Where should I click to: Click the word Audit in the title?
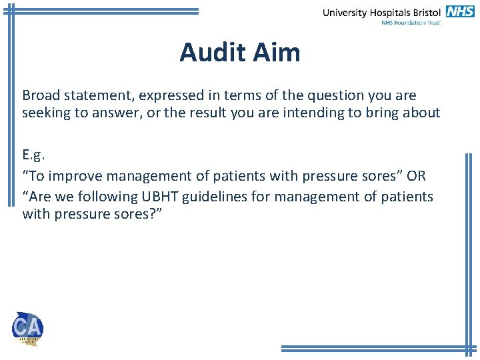[210, 52]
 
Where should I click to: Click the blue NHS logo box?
[460, 11]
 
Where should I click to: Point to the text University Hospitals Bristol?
[382, 12]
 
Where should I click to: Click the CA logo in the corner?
[27, 328]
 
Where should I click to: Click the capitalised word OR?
[417, 177]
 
